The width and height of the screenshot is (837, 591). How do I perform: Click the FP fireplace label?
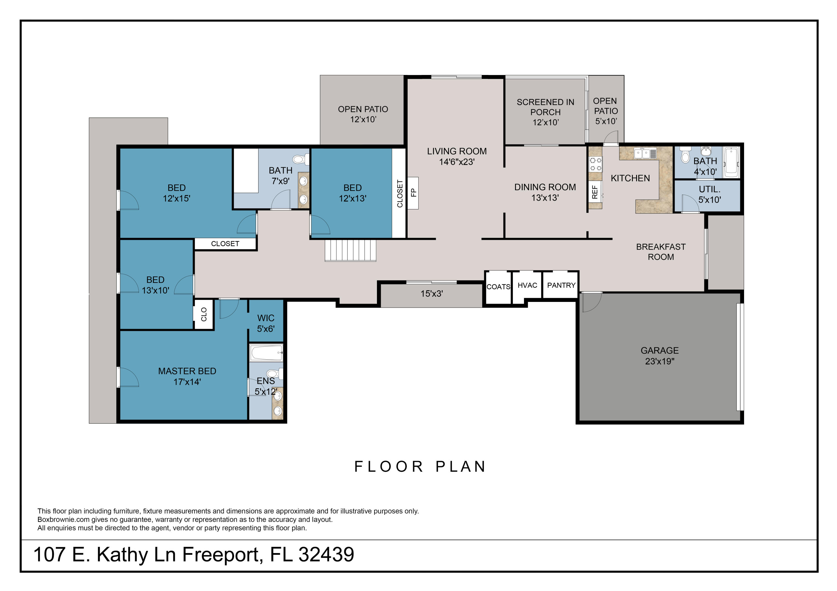pos(413,193)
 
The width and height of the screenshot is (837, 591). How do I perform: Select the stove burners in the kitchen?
pos(595,164)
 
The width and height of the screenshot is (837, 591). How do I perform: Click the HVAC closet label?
pos(527,285)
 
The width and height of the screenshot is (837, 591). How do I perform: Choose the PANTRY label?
pos(561,285)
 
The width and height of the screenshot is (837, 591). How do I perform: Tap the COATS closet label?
pos(498,287)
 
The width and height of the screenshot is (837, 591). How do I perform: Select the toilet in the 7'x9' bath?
pos(300,159)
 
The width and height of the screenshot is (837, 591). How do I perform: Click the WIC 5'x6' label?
pos(266,323)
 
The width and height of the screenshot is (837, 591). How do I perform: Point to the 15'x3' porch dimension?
pos(431,294)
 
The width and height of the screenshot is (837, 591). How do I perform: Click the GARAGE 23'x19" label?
pos(660,356)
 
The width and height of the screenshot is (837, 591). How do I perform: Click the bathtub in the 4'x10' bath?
pos(731,163)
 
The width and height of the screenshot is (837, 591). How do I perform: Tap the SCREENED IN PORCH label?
pos(545,112)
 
